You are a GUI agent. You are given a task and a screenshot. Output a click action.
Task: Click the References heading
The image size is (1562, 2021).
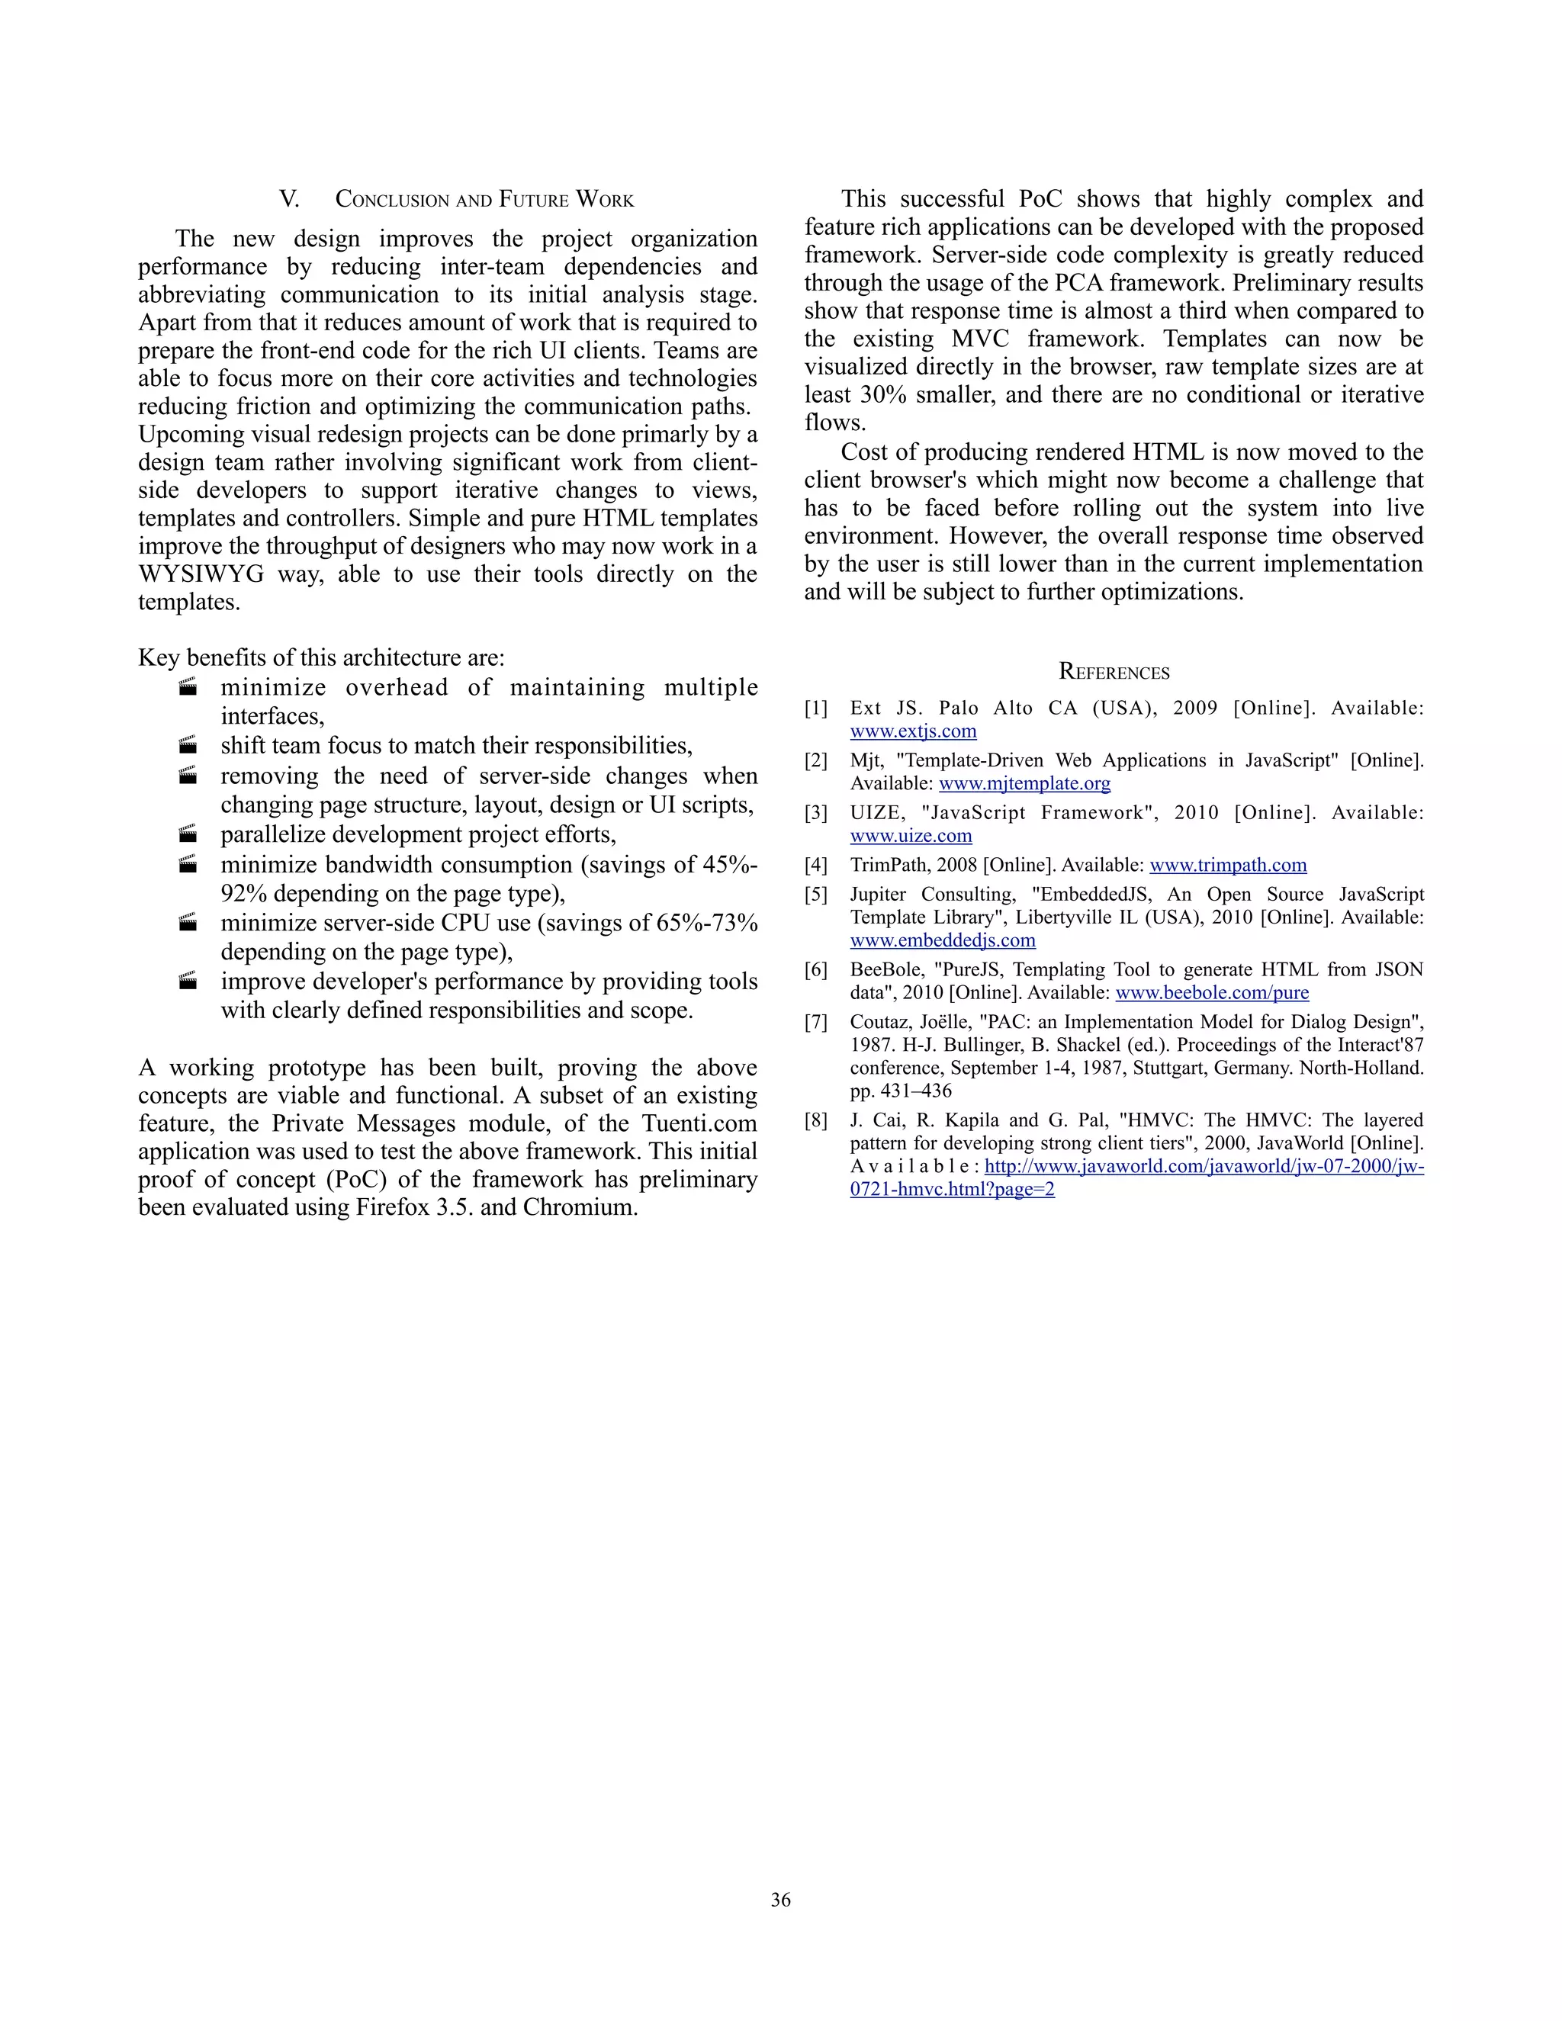tap(1114, 673)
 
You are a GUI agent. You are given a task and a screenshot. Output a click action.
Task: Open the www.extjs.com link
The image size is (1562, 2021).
tap(912, 731)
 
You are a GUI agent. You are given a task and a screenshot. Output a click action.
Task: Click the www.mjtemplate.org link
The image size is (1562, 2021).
tap(1024, 784)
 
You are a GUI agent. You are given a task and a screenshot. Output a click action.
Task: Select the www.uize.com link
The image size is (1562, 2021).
tap(911, 836)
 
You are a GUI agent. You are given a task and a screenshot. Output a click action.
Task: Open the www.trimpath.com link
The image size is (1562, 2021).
tap(1228, 866)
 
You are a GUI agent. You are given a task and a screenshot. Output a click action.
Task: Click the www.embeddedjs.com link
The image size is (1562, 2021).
tap(942, 940)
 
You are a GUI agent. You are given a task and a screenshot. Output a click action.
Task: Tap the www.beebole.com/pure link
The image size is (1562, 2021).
tap(1211, 993)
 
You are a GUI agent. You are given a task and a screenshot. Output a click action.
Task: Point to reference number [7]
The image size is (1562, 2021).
tap(815, 1022)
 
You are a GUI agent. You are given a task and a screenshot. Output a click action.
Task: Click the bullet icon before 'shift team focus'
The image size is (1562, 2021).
tap(188, 745)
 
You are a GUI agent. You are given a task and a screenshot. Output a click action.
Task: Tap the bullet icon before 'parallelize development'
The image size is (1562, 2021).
tap(188, 834)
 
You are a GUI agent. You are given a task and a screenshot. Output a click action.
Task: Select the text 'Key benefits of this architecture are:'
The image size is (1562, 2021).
tap(321, 658)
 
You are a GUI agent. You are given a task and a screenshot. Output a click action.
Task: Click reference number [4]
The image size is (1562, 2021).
tap(815, 866)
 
